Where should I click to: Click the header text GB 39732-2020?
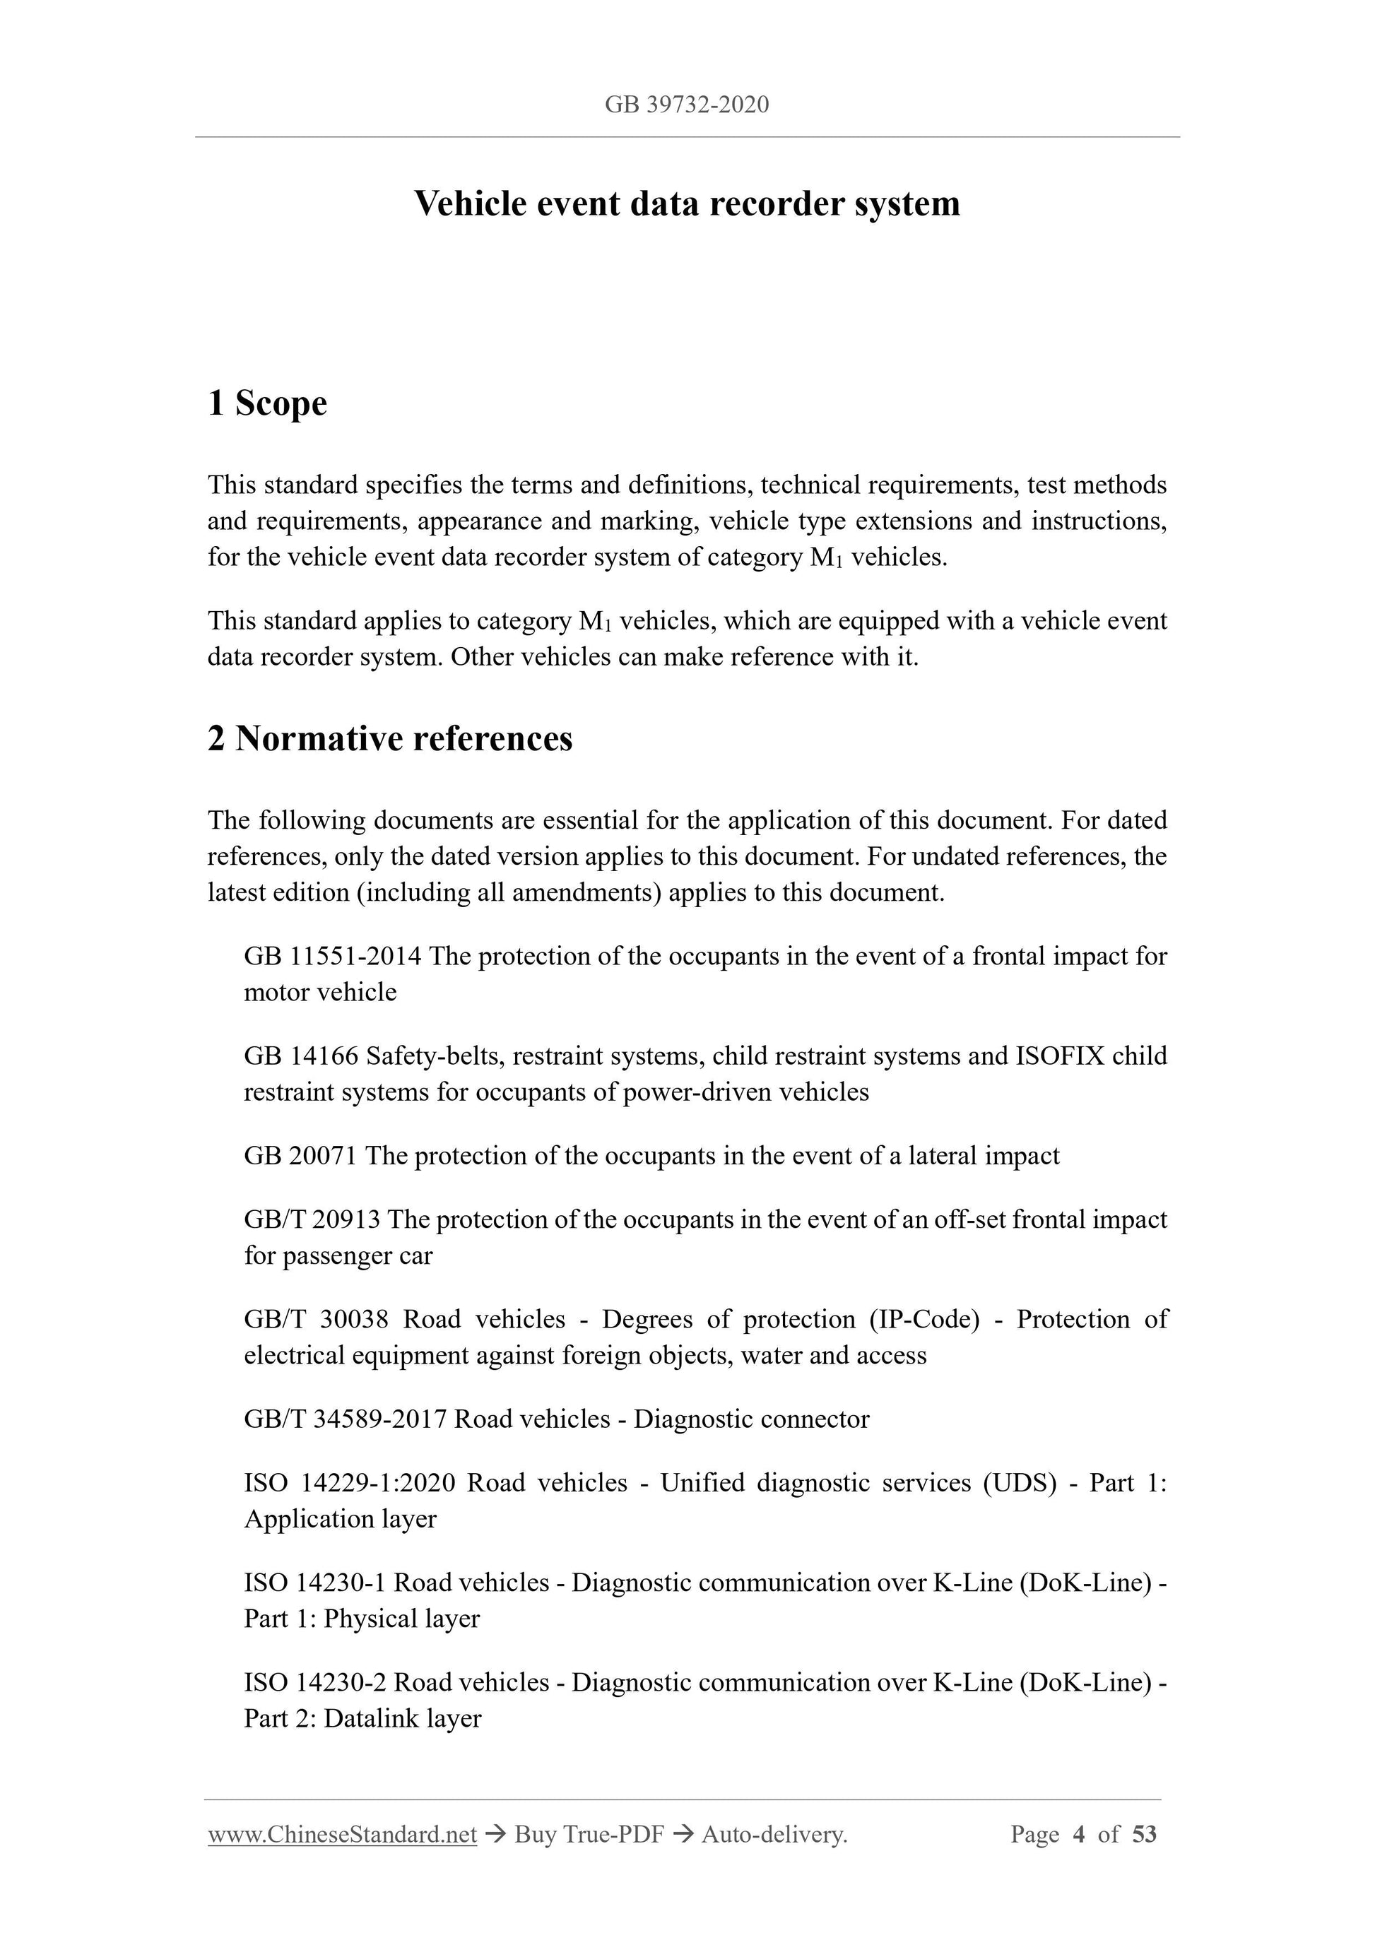[686, 105]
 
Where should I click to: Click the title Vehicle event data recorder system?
[686, 204]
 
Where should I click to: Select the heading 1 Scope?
[267, 403]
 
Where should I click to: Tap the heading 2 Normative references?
[390, 739]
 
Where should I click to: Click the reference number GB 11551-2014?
[332, 957]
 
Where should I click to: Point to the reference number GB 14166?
[301, 1056]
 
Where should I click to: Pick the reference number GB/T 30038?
[316, 1320]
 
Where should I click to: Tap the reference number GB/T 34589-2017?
[345, 1420]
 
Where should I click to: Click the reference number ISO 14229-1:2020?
[349, 1484]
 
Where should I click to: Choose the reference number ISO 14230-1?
[315, 1583]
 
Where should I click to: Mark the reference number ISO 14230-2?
[315, 1682]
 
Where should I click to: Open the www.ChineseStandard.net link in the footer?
[342, 1835]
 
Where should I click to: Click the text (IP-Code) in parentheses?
[923, 1320]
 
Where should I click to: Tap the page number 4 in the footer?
[1078, 1835]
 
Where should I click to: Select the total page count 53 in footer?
[1144, 1835]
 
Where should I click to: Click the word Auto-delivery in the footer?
[774, 1835]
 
